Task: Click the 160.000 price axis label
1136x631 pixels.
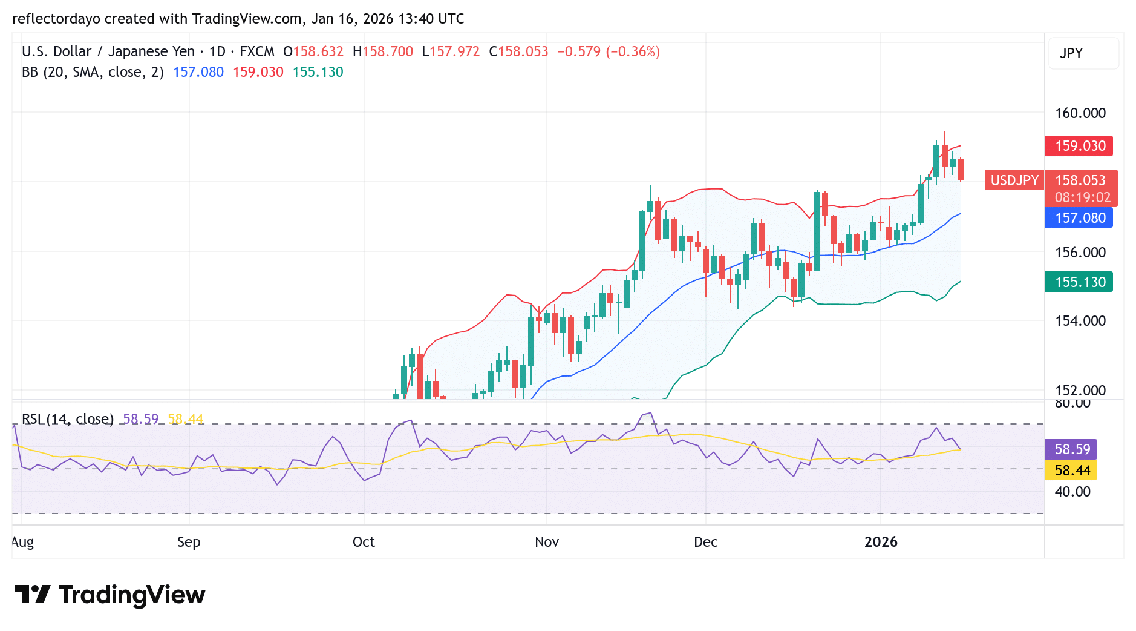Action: (1080, 113)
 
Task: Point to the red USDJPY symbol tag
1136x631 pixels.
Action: (1014, 180)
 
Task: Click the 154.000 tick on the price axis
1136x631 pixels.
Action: (1080, 321)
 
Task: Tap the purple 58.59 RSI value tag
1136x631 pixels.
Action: (1072, 449)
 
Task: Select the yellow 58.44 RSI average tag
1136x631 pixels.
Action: (1072, 471)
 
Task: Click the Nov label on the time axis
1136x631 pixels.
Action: (546, 542)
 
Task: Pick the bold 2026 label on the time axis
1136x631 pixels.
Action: (880, 542)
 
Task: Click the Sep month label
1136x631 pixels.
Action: (189, 542)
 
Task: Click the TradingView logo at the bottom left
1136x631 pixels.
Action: (109, 595)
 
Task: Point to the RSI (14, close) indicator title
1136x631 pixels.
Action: (68, 419)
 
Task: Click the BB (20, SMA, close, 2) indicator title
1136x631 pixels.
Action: (93, 72)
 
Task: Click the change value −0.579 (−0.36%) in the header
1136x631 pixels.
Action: (608, 51)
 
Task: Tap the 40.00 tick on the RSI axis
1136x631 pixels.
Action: (1072, 492)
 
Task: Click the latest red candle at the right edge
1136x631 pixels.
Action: (961, 170)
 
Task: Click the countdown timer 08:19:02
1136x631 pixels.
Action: (1082, 197)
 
